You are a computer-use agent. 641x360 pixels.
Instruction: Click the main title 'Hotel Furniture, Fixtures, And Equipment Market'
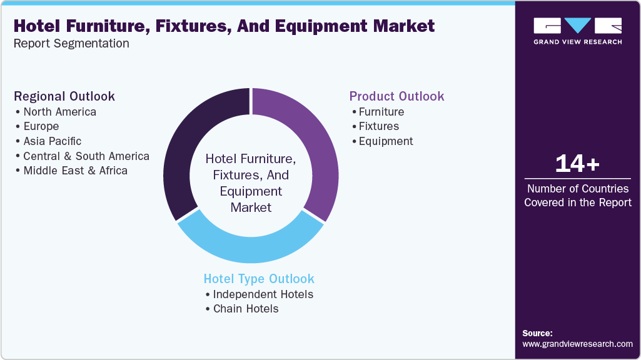224,26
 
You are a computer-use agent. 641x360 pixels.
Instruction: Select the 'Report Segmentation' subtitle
71,44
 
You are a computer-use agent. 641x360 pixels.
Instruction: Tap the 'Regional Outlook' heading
64,96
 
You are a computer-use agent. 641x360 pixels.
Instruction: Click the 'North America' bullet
59,112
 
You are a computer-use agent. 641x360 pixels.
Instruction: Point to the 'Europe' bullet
41,127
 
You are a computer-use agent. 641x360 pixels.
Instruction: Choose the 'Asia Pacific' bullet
53,141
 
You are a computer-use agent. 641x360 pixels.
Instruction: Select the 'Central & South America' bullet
86,156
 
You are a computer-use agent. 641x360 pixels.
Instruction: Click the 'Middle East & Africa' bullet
75,171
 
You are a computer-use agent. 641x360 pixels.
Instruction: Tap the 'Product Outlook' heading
396,96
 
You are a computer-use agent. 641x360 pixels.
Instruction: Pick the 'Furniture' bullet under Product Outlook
381,112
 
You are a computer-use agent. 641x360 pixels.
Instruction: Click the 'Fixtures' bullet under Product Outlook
378,126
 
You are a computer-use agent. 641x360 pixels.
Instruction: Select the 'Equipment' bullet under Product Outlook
385,141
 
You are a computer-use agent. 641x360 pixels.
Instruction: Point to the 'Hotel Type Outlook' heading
259,279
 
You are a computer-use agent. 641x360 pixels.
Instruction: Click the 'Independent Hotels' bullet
263,294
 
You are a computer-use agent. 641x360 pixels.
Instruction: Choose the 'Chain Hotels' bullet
246,309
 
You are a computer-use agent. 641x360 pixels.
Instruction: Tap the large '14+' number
577,164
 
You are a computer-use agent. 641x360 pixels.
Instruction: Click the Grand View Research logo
577,31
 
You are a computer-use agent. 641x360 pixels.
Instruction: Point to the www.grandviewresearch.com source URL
577,344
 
